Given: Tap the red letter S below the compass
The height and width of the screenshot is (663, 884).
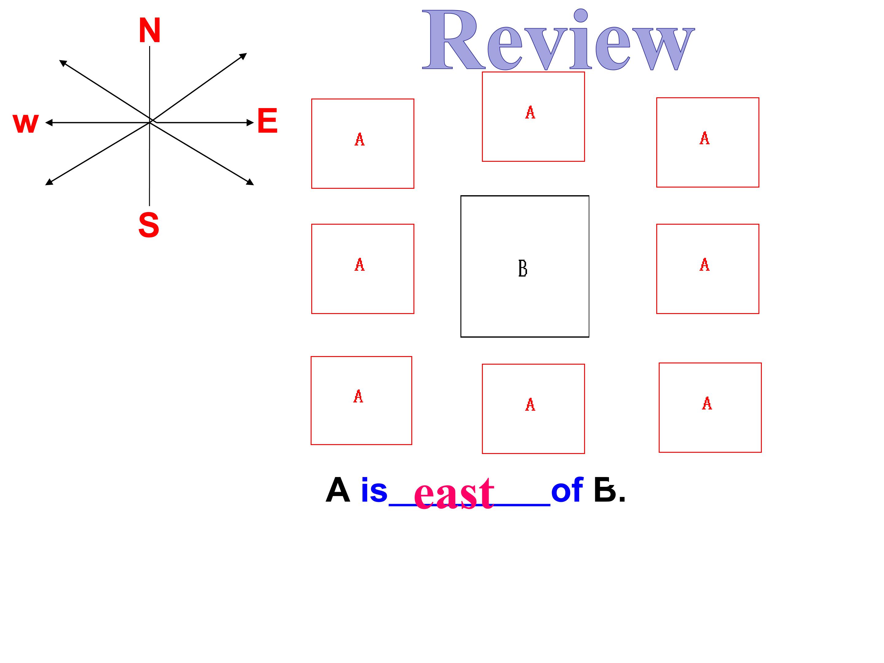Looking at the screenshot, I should pos(149,225).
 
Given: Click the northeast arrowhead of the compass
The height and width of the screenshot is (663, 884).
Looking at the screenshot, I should pos(243,56).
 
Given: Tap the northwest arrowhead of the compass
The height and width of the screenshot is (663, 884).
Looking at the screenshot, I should pos(63,63).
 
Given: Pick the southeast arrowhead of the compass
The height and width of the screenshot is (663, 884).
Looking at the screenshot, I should pos(250,182).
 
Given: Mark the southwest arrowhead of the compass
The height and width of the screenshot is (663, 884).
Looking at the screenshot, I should pos(49,182).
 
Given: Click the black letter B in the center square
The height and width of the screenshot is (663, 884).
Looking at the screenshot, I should pos(523,268).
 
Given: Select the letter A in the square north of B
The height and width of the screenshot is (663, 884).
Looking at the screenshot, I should pos(530,112).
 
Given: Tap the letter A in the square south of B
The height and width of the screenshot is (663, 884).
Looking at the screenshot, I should pos(530,405).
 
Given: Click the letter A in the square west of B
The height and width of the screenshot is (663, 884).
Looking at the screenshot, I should pos(359,265).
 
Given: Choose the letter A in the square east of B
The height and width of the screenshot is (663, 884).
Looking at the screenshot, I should pos(704,265).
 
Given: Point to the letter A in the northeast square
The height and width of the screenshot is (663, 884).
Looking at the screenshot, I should pos(704,138).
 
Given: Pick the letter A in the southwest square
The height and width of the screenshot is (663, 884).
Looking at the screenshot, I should pos(358,397).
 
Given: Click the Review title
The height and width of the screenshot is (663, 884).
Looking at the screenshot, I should pos(558,40).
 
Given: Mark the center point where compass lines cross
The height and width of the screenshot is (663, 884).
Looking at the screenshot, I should pos(150,122).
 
